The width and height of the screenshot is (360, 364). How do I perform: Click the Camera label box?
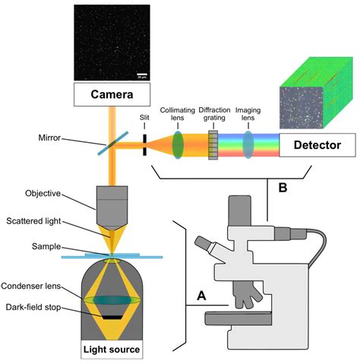(112, 96)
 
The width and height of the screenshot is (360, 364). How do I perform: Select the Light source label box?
(112, 350)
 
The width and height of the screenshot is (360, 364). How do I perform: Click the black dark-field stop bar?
(112, 314)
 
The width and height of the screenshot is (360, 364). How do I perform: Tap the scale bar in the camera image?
(141, 75)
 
